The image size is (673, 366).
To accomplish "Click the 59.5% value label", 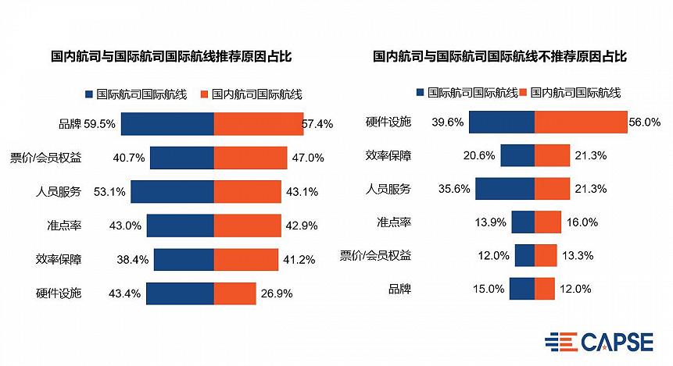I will coord(100,123).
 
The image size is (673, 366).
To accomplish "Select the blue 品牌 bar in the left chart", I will coord(167,123).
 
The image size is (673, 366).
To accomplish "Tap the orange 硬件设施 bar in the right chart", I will coord(581,122).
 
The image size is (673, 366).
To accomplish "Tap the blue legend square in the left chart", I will coord(89,94).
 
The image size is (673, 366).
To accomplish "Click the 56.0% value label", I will coord(646,122).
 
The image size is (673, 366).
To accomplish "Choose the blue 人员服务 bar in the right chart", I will coord(505,189).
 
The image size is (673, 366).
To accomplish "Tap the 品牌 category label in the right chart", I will coord(399,290).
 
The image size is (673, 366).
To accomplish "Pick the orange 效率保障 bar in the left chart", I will coord(245,259).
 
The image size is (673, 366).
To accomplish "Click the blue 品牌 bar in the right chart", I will coord(522,289).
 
